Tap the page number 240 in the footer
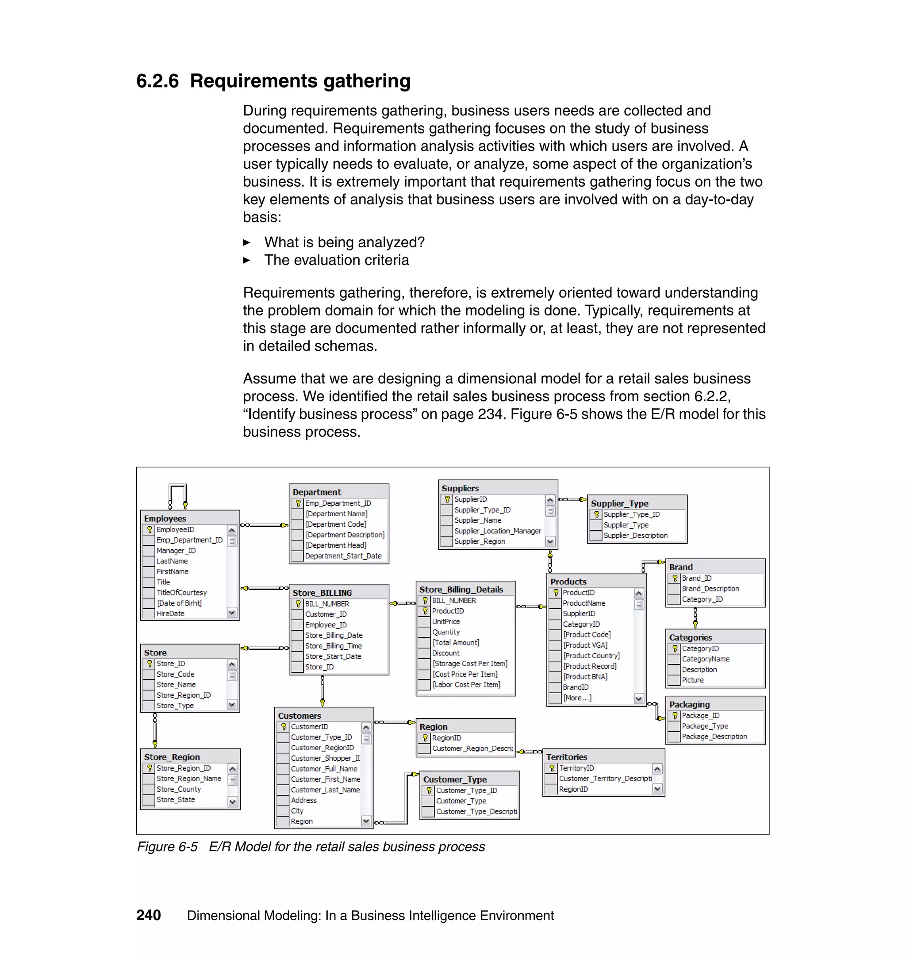148,916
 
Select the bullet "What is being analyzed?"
344,242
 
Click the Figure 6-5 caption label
167,847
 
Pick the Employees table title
165,518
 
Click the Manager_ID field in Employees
176,550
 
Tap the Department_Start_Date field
343,556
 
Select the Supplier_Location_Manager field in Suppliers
497,531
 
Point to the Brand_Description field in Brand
710,589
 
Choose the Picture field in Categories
692,680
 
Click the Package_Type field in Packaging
705,726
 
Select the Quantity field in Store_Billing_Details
446,632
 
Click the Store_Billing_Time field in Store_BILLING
333,646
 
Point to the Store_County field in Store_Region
178,789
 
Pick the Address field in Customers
304,800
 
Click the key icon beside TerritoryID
552,768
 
